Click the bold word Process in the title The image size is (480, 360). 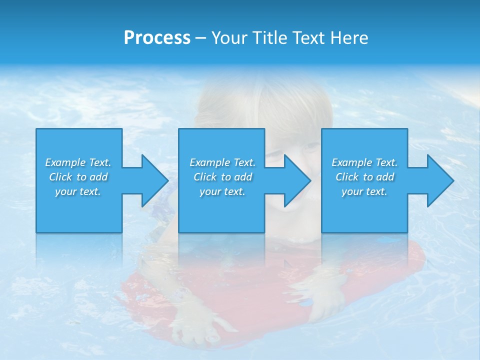coord(157,38)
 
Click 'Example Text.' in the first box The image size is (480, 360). coord(78,162)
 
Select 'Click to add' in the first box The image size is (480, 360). coord(78,177)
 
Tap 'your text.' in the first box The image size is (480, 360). coord(78,191)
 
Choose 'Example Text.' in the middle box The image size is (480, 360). coord(222,162)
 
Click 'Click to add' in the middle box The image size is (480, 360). coord(222,177)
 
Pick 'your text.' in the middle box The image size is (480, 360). coord(222,191)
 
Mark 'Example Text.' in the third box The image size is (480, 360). coord(364,162)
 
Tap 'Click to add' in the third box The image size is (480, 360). coord(364,177)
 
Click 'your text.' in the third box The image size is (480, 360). coord(364,191)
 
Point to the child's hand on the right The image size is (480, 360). coord(325,300)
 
